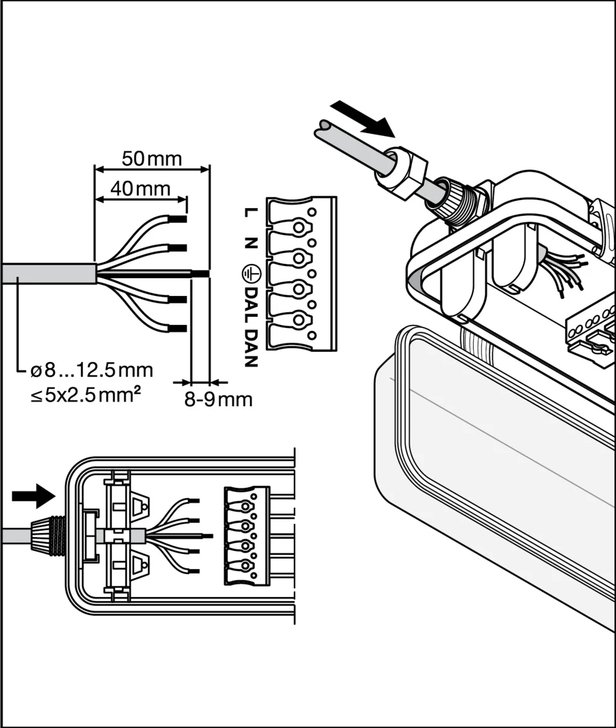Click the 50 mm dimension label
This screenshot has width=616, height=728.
152,159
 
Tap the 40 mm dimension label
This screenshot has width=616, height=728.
140,188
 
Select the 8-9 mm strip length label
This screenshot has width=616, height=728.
219,400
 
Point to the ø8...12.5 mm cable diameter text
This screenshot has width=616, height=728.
92,370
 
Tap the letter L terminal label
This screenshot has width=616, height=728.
250,213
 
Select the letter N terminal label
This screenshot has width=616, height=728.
250,243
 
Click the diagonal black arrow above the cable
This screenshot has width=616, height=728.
362,119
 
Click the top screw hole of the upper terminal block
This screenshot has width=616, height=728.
299,227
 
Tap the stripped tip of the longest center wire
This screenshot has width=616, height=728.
200,273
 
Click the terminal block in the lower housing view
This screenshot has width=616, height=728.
246,535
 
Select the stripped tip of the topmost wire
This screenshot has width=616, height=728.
178,219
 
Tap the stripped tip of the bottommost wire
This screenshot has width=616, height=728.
178,328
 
